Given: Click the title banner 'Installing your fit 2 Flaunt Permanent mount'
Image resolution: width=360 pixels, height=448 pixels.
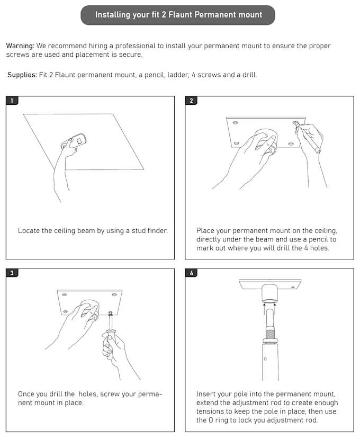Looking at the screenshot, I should point(178,15).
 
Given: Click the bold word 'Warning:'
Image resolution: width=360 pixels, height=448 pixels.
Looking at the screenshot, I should point(20,46).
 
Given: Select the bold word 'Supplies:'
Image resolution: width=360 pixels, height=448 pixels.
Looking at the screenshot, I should point(22,75).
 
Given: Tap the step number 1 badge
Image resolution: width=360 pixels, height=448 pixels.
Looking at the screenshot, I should point(12,101).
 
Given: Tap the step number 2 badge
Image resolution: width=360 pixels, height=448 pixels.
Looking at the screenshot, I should point(191,101).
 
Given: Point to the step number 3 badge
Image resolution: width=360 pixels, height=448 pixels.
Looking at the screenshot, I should point(12,273).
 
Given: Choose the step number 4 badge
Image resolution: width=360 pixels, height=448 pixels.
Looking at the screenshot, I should point(191,273).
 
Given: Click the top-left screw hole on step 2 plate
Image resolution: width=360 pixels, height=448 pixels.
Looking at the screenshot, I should point(235,123).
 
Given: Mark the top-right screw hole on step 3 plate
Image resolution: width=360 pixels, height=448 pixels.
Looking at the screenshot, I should point(114,294).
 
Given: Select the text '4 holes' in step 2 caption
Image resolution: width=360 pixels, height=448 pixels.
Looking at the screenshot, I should point(316,248).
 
